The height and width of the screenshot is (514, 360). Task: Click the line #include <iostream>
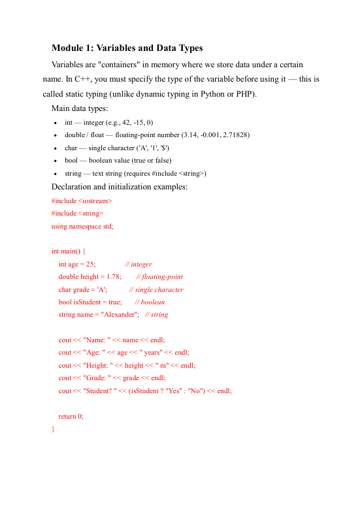(x=82, y=201)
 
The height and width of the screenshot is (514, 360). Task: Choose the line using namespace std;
(x=82, y=226)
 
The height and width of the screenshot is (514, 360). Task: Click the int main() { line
(x=73, y=251)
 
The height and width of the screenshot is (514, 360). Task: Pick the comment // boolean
(x=150, y=302)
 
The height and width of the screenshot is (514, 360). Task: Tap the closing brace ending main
(x=53, y=428)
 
